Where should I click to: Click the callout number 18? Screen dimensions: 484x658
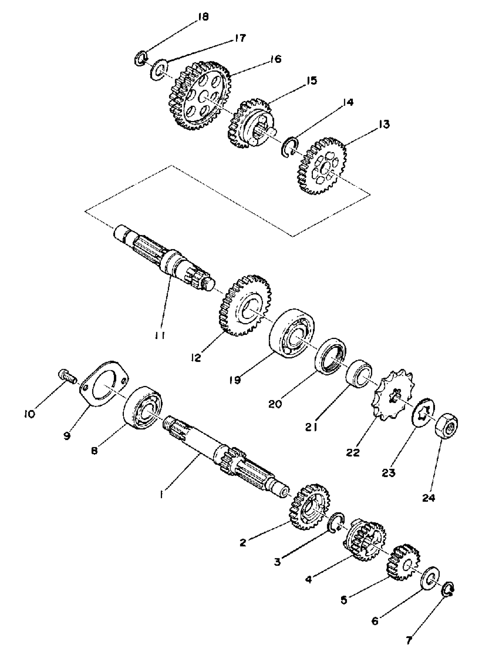tap(202, 17)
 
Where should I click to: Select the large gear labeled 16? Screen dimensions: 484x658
tap(199, 95)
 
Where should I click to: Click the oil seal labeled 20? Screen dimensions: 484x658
tap(330, 356)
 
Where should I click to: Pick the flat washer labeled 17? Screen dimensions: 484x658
tap(159, 70)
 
